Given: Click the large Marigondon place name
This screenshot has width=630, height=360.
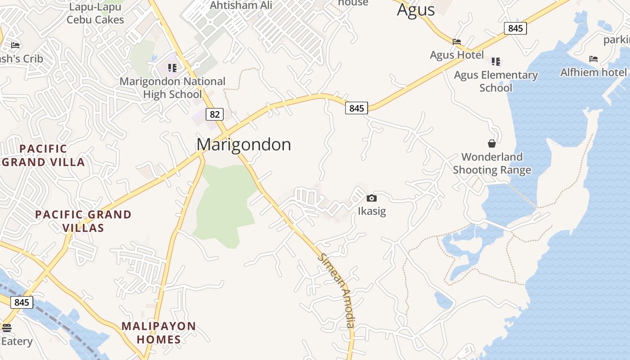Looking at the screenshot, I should pos(243,144).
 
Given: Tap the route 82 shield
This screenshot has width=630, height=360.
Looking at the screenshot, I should pos(215,114).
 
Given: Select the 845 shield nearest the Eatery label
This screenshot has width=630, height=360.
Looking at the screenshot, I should pos(22,302).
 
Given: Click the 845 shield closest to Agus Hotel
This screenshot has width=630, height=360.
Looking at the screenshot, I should pos(515,28).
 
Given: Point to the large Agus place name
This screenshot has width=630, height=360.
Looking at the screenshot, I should pos(416,10).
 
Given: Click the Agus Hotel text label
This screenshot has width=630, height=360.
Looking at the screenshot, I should pos(457,55).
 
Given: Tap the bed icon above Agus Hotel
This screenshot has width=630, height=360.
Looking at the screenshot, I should pos(457,42).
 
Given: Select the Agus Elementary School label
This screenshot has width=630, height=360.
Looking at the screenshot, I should pos(496,81).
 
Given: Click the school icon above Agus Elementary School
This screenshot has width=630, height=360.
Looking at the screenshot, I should pos(496,61).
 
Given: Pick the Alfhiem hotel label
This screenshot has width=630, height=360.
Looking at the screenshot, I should pos(593,72).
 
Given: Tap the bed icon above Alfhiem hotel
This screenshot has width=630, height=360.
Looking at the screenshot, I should pos(593,59).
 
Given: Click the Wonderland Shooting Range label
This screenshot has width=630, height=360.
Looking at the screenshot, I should pos(492,163).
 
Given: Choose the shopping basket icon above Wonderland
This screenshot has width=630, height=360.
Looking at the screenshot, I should pos(492,144).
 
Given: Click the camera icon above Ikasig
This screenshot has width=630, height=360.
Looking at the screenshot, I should pos(371,198).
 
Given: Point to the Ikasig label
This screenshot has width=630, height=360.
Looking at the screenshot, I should pos(372,211).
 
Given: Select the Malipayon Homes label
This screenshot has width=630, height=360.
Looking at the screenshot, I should pos(159,333).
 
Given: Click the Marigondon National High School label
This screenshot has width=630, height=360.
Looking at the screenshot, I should pos(172,88).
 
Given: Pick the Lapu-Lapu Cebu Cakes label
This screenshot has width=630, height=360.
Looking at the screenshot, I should pos(95,13).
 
